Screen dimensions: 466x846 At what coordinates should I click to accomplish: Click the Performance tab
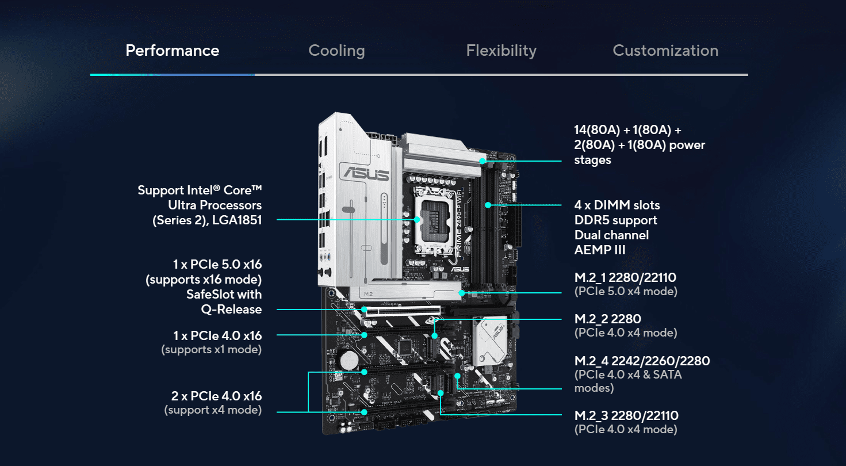pos(172,51)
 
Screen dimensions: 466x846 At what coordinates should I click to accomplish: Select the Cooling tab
pos(336,51)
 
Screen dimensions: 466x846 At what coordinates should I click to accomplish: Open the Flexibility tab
pos(501,51)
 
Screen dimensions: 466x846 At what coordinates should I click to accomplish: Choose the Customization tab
pos(665,51)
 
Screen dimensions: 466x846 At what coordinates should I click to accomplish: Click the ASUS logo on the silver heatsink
pos(364,173)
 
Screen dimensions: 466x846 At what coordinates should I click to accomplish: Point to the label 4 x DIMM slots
pos(617,205)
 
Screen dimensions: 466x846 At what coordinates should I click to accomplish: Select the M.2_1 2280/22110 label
pos(625,278)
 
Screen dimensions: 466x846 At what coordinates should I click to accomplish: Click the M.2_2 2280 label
pos(607,319)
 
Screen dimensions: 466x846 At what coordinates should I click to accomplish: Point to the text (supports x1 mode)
pos(211,349)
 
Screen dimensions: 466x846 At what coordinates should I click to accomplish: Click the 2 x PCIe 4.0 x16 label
pos(216,396)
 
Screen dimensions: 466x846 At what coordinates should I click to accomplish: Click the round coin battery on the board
pos(349,361)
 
